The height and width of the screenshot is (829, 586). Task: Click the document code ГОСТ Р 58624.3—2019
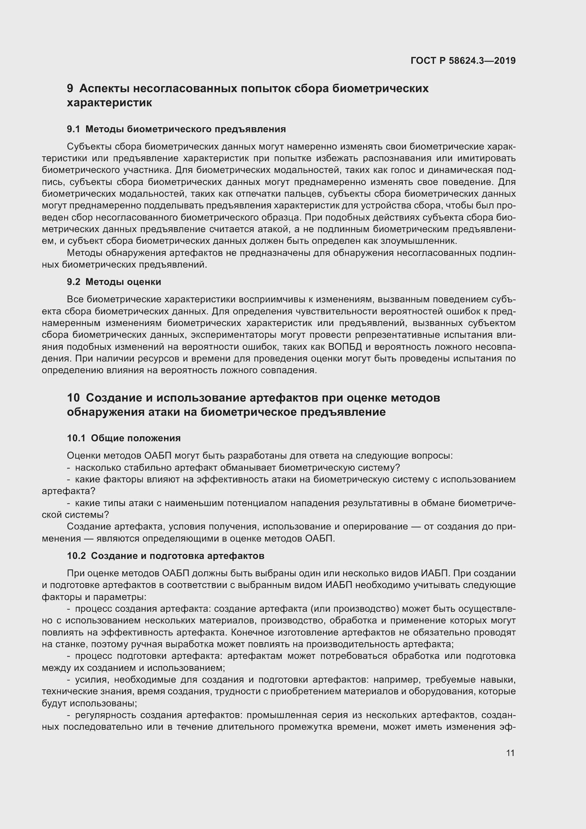pyautogui.click(x=463, y=61)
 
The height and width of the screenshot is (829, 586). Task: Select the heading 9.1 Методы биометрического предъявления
pyautogui.click(x=176, y=129)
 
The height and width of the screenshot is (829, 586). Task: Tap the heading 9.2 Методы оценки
pyautogui.click(x=114, y=282)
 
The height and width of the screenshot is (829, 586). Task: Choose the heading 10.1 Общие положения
pyautogui.click(x=124, y=438)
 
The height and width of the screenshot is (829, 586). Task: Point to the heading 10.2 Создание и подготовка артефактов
pyautogui.click(x=165, y=556)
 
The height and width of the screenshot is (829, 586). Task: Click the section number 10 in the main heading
pyautogui.click(x=73, y=398)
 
